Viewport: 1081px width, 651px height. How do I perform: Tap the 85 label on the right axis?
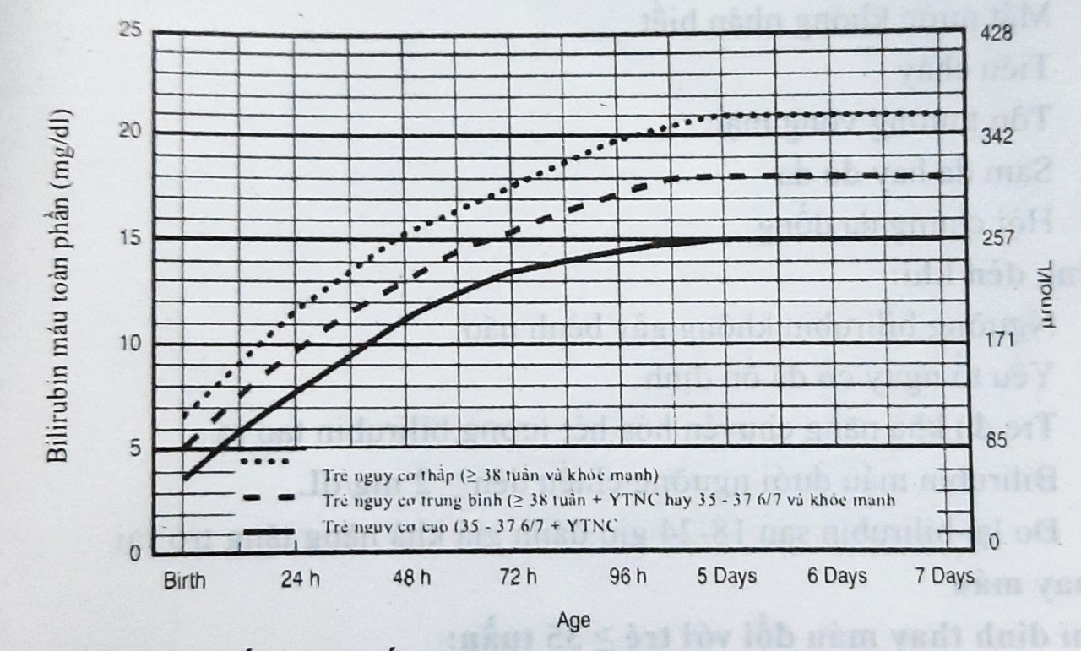[998, 440]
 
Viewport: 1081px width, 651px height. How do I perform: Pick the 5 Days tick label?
[728, 578]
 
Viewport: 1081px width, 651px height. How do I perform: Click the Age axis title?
[574, 621]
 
